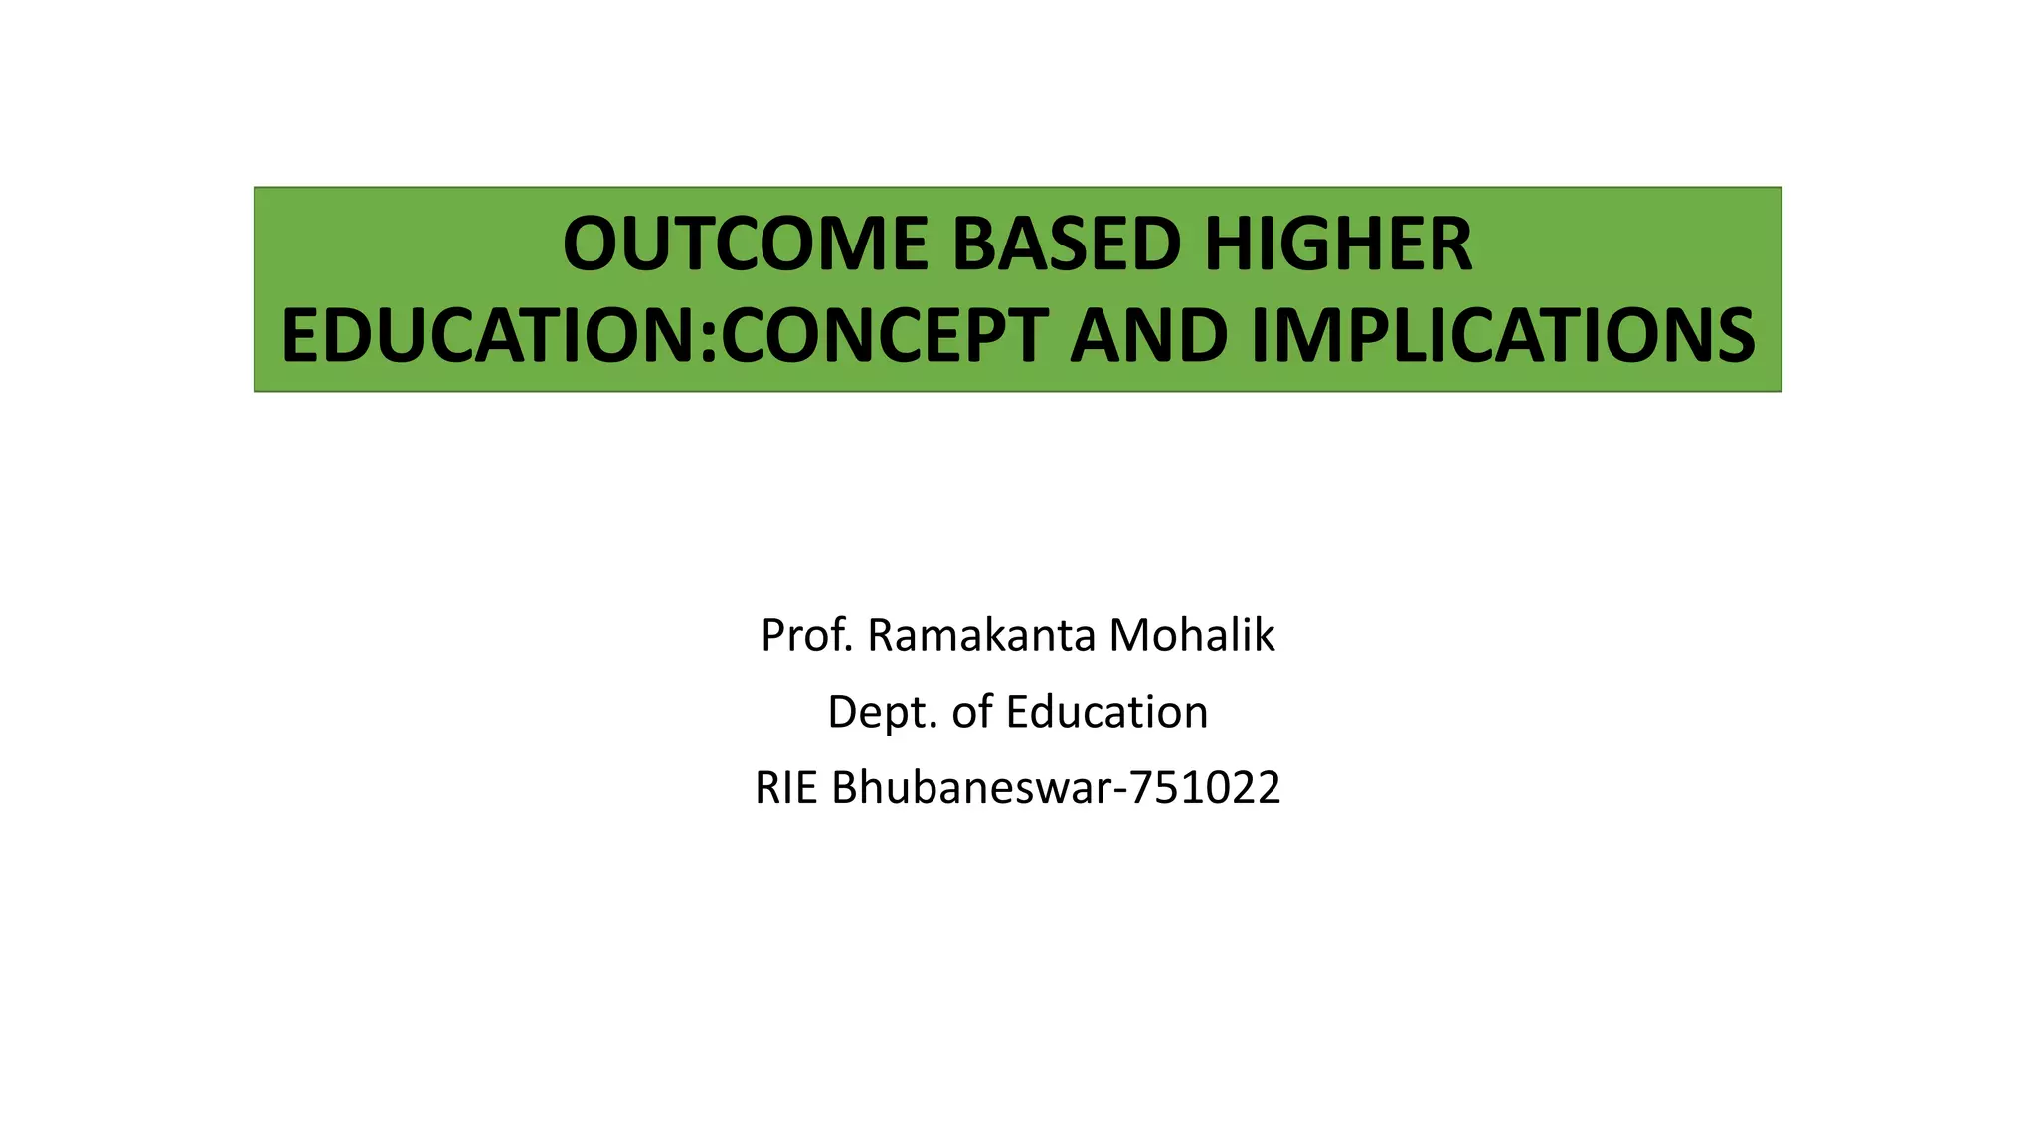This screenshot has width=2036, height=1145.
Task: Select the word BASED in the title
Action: pos(1066,245)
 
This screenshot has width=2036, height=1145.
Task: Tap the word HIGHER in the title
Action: pos(1338,245)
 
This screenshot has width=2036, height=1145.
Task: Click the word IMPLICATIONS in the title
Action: pos(1503,335)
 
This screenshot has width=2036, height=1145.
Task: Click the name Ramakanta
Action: pos(980,635)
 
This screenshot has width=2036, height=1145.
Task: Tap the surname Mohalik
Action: pos(1192,635)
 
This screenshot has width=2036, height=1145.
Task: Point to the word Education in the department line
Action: pos(1106,712)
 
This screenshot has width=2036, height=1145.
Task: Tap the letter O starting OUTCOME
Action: pos(592,245)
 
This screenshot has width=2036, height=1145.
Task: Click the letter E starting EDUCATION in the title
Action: pos(300,335)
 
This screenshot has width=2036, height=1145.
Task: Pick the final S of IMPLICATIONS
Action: pos(1736,335)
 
